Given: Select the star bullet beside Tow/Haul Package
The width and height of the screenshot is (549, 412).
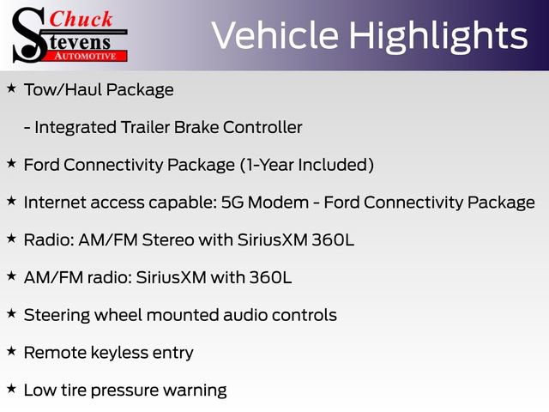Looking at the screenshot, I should (11, 88).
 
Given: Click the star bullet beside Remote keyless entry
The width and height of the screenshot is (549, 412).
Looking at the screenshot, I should (11, 352).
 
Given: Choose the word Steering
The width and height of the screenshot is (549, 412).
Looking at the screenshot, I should (55, 315).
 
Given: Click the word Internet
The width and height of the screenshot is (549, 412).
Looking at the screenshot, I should (54, 203).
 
